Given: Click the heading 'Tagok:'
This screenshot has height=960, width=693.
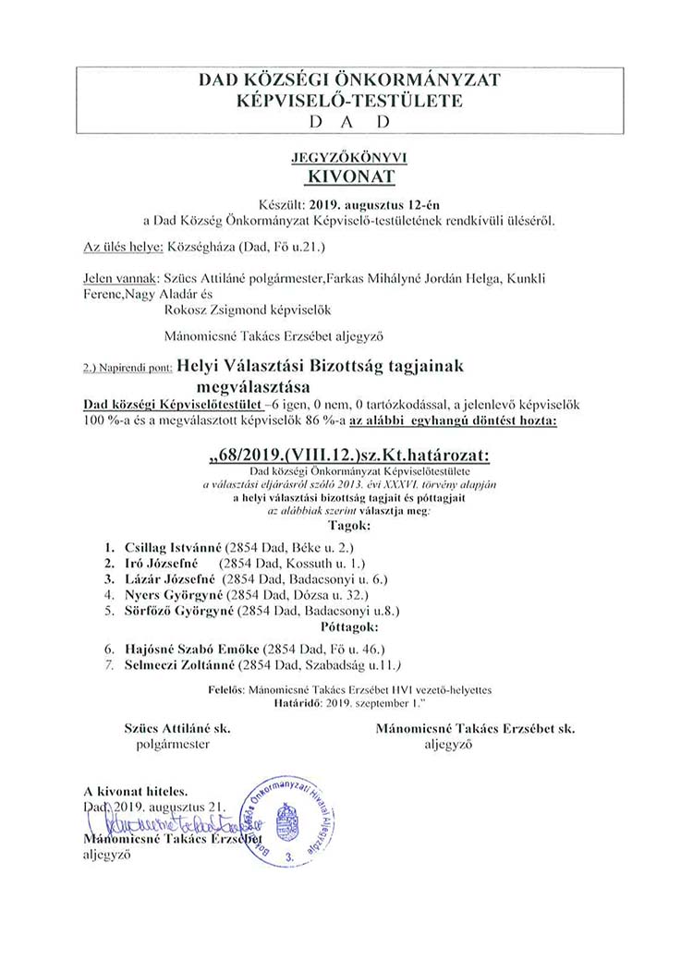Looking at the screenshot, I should pos(346,525).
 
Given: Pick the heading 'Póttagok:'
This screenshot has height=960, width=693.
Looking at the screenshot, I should pos(346,627).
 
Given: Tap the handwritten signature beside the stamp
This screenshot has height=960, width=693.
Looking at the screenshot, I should pos(166,822).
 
